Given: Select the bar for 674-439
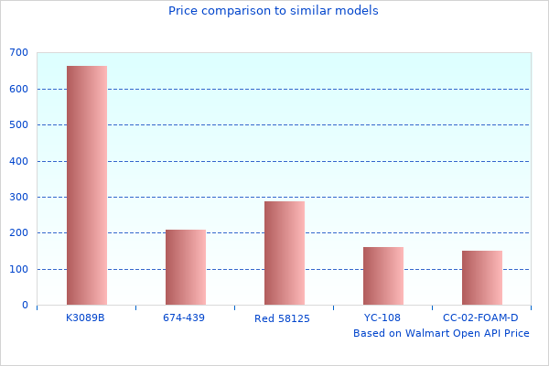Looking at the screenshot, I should tap(186, 267).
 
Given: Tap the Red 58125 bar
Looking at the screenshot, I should tap(285, 253).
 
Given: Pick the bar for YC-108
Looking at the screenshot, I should tap(383, 275).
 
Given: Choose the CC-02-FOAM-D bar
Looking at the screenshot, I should tap(482, 277).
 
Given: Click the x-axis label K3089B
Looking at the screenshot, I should tap(86, 318).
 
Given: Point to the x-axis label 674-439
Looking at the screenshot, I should tap(185, 318).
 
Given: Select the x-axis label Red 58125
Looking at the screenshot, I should tap(283, 318).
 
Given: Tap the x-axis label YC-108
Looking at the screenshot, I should tap(382, 318).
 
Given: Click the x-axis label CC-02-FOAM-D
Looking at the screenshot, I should tap(480, 318).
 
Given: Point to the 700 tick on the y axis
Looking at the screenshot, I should tap(18, 53).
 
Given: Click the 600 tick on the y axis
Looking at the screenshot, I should tap(18, 89).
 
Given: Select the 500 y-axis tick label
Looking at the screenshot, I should tap(18, 125).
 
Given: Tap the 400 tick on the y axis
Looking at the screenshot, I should tap(18, 161).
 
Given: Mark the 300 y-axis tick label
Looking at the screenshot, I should tap(18, 197).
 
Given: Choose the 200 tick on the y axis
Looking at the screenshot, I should tap(18, 233).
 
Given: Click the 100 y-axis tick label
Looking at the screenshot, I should tap(18, 269).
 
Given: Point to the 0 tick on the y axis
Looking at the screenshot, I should tap(25, 306).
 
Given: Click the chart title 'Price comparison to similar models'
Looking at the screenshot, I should tap(274, 11).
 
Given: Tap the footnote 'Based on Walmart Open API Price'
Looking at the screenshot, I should tap(441, 333).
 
